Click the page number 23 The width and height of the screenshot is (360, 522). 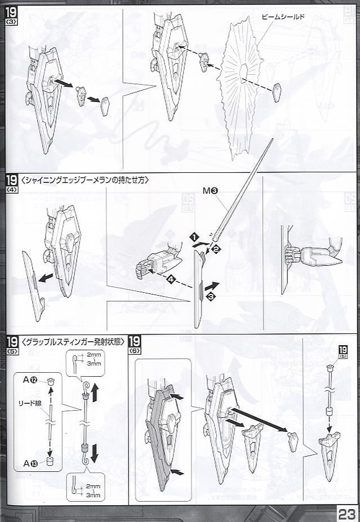pyautogui.click(x=346, y=512)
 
